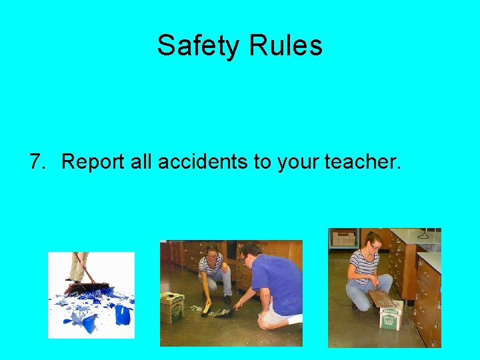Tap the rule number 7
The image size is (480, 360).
point(37,161)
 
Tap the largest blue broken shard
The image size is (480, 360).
point(123,313)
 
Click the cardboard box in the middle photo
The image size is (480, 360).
point(173,308)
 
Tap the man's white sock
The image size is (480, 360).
point(293,320)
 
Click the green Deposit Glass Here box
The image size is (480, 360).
point(389,318)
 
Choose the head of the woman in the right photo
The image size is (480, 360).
point(373,241)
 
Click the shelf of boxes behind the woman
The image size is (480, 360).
point(345,238)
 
